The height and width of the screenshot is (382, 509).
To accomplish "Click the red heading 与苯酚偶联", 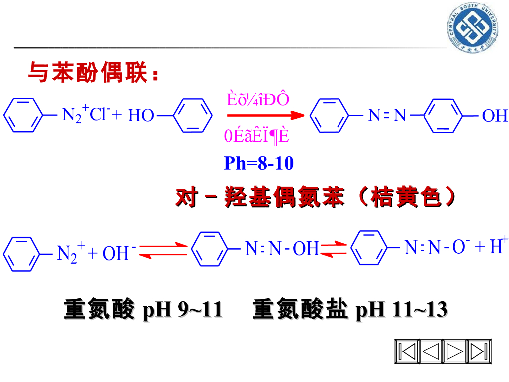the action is pyautogui.click(x=94, y=73).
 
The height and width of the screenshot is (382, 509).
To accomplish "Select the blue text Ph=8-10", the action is pyautogui.click(x=258, y=163).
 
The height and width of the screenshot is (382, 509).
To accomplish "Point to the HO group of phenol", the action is pyautogui.click(x=141, y=116).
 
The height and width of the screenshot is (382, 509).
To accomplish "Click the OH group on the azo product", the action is pyautogui.click(x=495, y=116).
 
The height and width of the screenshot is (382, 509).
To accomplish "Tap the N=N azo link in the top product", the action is pyautogui.click(x=387, y=116).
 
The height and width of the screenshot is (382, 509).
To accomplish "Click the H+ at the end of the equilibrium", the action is pyautogui.click(x=498, y=246).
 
